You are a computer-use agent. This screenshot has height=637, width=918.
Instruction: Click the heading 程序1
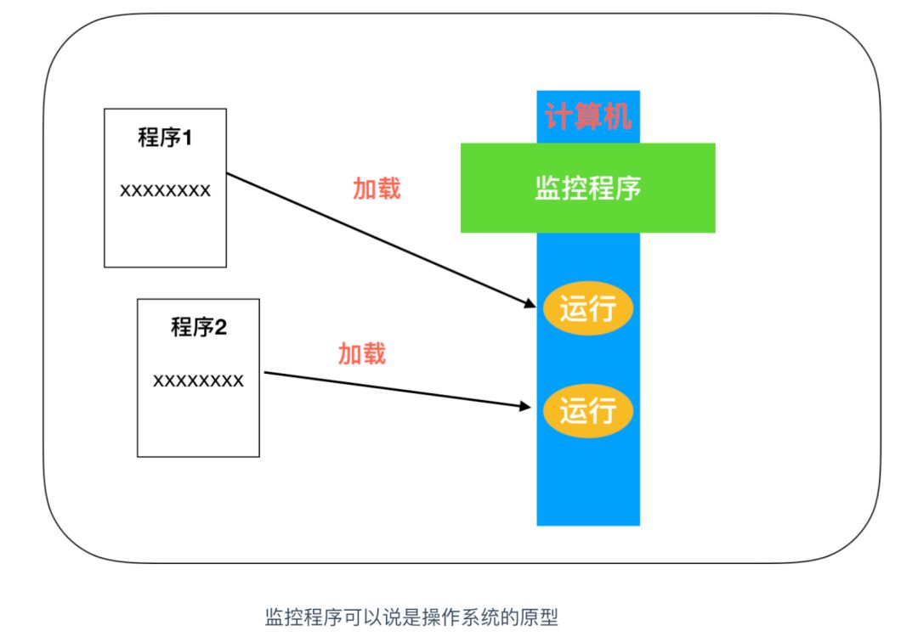tap(165, 138)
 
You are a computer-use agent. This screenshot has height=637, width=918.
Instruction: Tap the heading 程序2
tap(198, 327)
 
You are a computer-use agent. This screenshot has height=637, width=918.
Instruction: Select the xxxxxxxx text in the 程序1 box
tap(165, 190)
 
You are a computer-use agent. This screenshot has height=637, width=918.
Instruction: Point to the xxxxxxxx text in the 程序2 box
tap(198, 381)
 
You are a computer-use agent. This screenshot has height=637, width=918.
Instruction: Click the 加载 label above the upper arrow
tap(377, 189)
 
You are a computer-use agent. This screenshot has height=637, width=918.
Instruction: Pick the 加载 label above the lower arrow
tap(362, 353)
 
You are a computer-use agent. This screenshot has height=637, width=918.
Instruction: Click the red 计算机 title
tap(588, 117)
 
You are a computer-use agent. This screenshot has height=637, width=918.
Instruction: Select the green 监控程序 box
tap(587, 188)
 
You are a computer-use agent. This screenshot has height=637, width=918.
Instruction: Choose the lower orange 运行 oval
tap(587, 412)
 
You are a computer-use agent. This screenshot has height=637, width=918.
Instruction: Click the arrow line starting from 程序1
tap(374, 238)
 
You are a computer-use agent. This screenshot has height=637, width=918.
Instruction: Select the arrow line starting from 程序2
tap(391, 390)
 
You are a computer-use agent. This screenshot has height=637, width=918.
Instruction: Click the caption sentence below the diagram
tap(412, 617)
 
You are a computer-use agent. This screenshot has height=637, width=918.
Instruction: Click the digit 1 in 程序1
tap(186, 138)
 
